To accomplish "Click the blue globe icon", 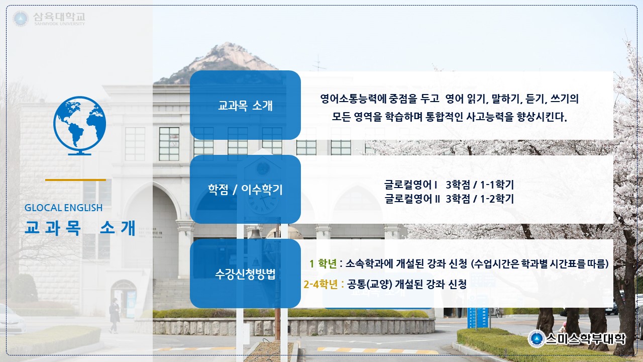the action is (x=79, y=126).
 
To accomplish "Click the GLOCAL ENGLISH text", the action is (x=63, y=208).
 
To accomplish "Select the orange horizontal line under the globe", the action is (x=75, y=180).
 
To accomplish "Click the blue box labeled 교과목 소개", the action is (x=245, y=105).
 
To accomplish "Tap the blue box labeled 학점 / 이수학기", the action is (x=245, y=190).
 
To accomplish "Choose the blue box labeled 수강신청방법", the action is (x=245, y=274).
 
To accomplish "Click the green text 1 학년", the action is (x=323, y=263).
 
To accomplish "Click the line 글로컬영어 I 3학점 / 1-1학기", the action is (x=449, y=185).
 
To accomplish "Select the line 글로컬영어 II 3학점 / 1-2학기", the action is (x=449, y=199).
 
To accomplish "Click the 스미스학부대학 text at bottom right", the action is (x=585, y=339).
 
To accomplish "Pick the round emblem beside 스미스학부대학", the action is (x=536, y=339).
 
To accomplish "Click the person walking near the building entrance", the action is (x=115, y=315).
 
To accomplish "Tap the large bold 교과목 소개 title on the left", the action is (x=80, y=228).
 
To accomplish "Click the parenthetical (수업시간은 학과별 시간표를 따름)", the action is (x=540, y=263).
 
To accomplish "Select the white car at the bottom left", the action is (x=12, y=319).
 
